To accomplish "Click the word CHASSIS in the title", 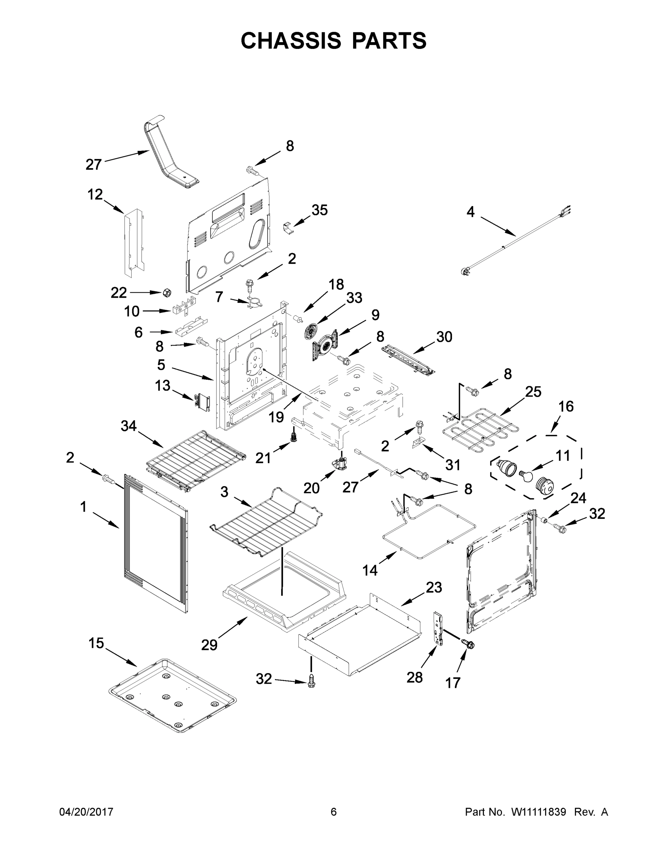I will [x=291, y=41].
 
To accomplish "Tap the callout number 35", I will [x=319, y=210].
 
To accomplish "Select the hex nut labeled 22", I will [x=167, y=293].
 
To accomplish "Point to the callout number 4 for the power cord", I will [x=470, y=212].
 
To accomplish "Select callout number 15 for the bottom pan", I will [x=96, y=643].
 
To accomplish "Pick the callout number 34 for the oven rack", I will [x=128, y=426].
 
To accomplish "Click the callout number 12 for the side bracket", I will [x=95, y=194].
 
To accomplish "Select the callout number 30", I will [x=444, y=337].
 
